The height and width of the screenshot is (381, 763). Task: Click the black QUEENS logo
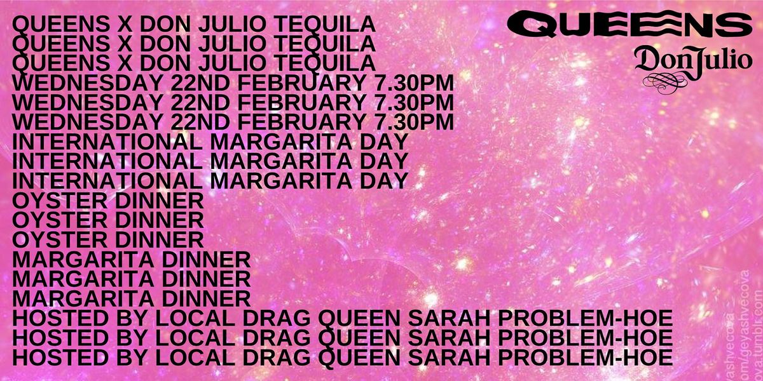click(630, 26)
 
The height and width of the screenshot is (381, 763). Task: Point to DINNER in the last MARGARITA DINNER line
click(203, 297)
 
